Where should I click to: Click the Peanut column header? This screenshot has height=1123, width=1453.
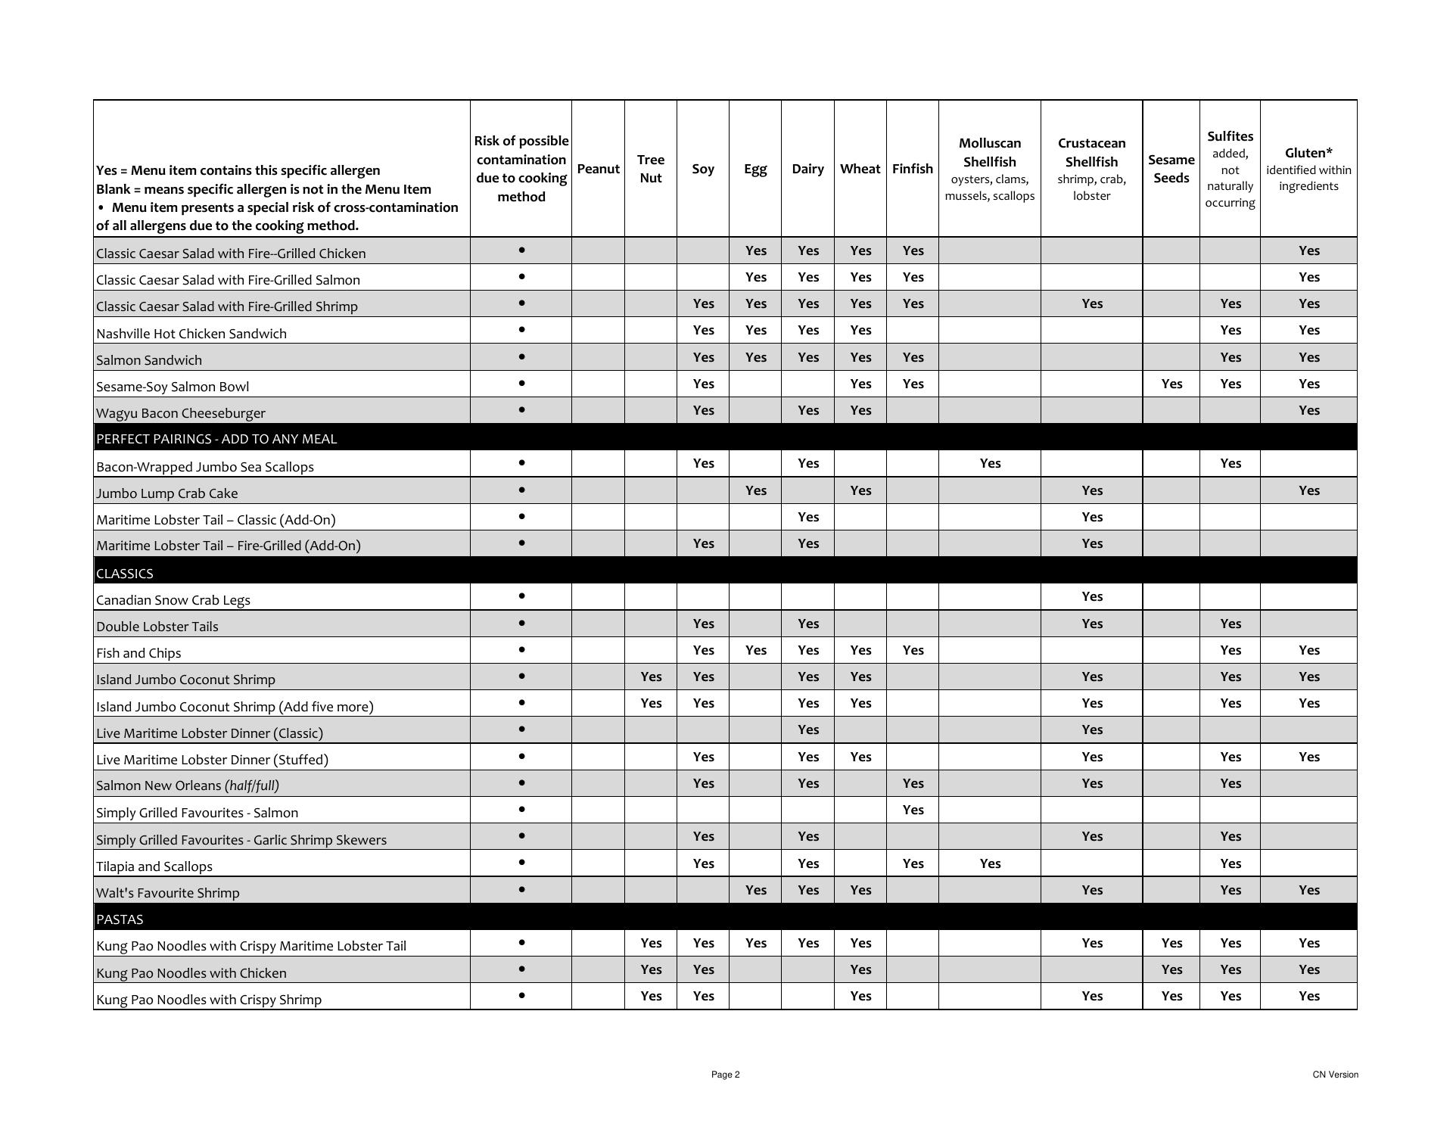tap(598, 169)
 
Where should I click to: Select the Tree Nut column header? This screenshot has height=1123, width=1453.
tap(650, 169)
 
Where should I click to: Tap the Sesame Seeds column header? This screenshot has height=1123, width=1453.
tap(1171, 169)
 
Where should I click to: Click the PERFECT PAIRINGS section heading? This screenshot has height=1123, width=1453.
tap(216, 439)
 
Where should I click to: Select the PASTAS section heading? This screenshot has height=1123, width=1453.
tap(120, 919)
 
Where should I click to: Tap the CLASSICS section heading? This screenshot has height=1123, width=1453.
tap(125, 574)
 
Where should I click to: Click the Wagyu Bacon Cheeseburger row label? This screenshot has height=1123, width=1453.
tap(181, 413)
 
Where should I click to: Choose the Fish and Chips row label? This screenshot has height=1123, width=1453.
tap(138, 653)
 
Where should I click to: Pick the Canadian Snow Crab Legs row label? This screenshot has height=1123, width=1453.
tap(173, 600)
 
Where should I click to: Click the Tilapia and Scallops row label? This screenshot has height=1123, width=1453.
tap(154, 866)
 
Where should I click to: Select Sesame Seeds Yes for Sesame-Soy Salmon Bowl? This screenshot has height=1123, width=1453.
tap(1171, 384)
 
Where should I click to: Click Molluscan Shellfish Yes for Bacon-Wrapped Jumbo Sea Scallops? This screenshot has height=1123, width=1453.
tap(990, 463)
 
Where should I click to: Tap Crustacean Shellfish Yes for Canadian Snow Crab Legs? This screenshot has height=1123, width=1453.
tap(1091, 596)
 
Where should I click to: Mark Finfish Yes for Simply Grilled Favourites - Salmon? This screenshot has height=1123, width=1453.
tap(913, 810)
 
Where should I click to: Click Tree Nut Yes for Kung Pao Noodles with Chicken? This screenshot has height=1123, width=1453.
tap(650, 969)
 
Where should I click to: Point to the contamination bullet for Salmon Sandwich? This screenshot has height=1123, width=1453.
tap(521, 356)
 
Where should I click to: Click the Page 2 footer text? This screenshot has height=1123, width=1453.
tap(725, 1075)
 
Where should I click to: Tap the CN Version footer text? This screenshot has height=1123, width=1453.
tap(1335, 1075)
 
